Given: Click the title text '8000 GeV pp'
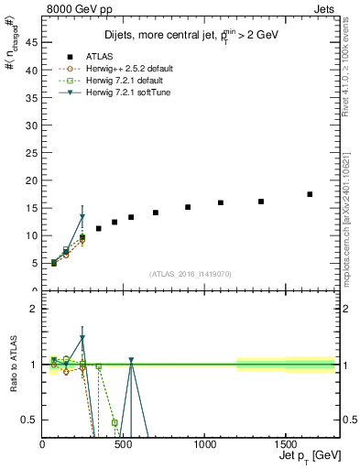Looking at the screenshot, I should pyautogui.click(x=74, y=8).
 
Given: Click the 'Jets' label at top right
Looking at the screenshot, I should pyautogui.click(x=324, y=8).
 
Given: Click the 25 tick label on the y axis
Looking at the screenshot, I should pyautogui.click(x=34, y=152).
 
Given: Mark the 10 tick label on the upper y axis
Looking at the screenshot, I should pyautogui.click(x=34, y=235).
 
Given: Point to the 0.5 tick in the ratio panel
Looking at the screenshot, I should pyautogui.click(x=32, y=420).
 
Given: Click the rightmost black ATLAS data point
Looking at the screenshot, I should pyautogui.click(x=310, y=194).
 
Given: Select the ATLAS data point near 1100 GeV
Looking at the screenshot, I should pyautogui.click(x=221, y=202).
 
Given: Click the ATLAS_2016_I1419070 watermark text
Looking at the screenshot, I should pyautogui.click(x=191, y=273).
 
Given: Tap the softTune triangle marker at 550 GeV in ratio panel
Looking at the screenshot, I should pyautogui.click(x=131, y=361).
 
